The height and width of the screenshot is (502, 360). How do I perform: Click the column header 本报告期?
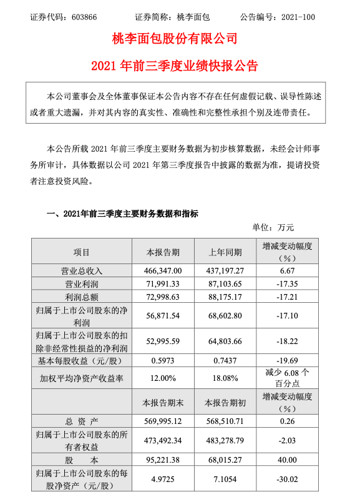[x=163, y=253]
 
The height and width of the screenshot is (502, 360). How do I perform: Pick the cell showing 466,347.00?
[x=163, y=272]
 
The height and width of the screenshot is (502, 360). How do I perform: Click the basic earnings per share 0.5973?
[x=163, y=361]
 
